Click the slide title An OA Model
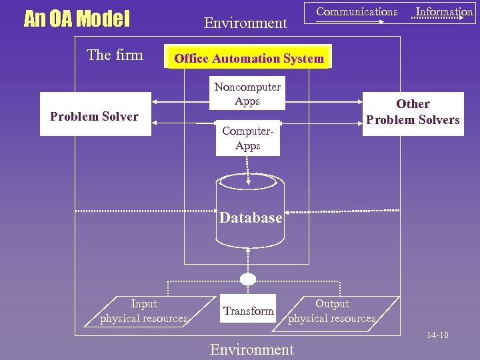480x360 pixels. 77,19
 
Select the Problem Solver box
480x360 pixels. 95,117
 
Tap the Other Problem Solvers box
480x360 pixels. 413,112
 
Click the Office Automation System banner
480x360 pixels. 249,58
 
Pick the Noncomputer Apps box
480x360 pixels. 247,94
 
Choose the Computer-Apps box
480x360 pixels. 247,138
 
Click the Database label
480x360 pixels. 251,218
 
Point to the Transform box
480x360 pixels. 248,311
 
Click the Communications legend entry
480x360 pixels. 357,11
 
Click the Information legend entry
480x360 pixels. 444,11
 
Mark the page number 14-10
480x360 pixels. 437,335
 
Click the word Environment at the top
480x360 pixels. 245,23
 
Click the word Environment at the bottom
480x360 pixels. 251,349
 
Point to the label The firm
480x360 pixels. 115,55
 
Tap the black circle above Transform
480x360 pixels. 248,279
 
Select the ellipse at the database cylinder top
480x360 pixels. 248,181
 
